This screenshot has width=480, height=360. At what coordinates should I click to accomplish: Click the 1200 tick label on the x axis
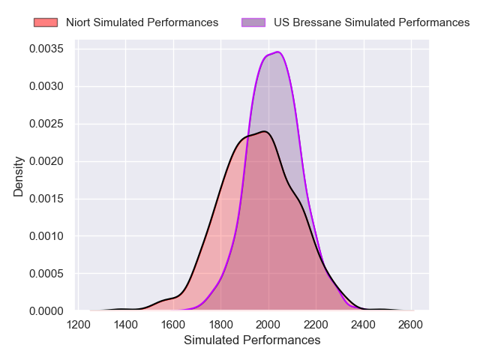(78, 325)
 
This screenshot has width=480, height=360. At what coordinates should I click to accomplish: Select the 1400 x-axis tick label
(125, 325)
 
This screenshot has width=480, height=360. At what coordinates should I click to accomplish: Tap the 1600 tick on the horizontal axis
(173, 325)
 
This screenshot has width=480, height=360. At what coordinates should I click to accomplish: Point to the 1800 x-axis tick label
(220, 325)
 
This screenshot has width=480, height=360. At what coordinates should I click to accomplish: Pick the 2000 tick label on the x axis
(268, 325)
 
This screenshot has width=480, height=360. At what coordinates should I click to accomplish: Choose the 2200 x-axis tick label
(316, 325)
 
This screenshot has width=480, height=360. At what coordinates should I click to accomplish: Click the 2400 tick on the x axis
(364, 325)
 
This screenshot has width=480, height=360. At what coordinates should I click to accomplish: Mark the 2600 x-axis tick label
(411, 325)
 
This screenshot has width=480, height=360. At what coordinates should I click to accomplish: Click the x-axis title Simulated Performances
(252, 340)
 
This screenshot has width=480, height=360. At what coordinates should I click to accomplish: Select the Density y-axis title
(19, 176)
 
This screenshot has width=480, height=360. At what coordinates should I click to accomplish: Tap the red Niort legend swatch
(46, 22)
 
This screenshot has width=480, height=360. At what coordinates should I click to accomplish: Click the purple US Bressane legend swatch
(253, 22)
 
